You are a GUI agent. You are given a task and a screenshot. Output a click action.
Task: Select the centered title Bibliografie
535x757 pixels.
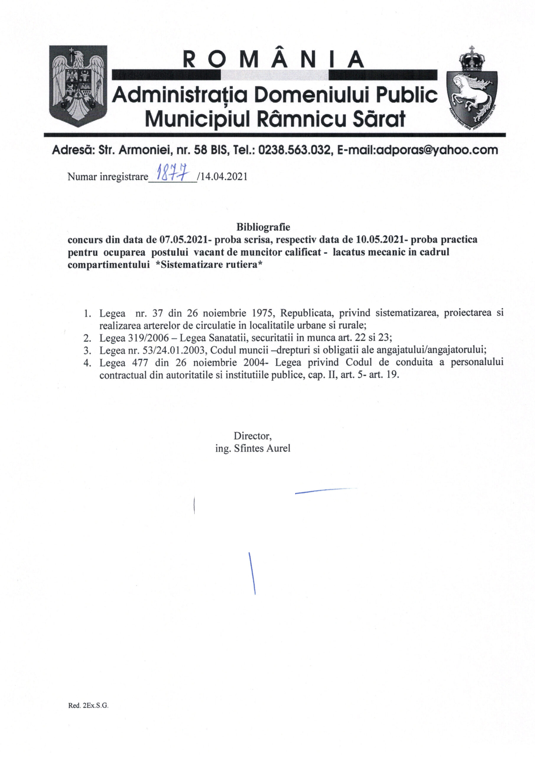[263, 227]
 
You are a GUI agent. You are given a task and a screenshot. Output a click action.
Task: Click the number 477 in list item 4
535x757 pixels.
[139, 362]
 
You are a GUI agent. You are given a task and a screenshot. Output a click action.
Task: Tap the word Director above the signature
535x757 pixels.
[252, 436]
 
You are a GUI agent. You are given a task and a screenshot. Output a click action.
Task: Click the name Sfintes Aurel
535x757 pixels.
[262, 448]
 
